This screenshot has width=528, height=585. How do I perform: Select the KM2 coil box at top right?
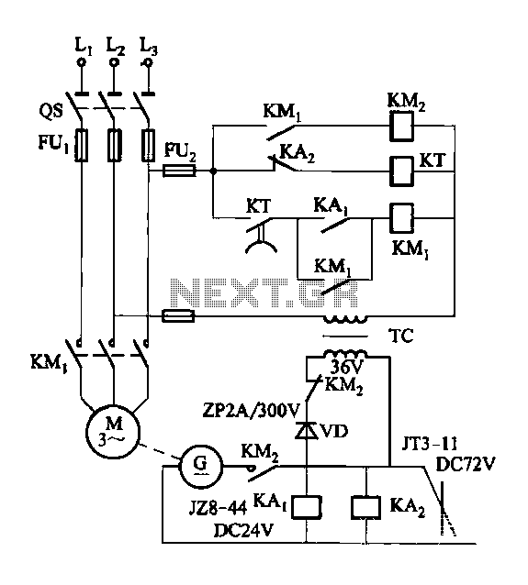401,127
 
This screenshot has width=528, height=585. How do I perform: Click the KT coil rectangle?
401,171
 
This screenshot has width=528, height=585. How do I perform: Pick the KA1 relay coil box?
307,507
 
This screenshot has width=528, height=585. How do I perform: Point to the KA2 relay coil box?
365,507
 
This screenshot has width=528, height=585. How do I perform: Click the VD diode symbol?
307,431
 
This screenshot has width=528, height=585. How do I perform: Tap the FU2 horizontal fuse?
179,171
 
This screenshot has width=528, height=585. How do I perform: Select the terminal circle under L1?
82,62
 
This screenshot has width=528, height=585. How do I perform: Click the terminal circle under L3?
149,62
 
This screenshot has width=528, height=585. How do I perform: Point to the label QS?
51,111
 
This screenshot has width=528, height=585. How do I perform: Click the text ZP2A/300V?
251,411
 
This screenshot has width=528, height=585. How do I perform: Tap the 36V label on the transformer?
346,368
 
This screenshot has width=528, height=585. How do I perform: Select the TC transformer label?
401,336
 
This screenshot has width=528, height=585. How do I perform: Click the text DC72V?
466,465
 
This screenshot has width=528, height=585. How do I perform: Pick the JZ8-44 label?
219,508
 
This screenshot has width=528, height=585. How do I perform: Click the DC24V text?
243,530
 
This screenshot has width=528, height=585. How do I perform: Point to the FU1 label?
53,144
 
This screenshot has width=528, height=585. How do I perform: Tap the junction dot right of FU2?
213,171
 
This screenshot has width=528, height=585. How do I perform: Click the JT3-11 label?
429,444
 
